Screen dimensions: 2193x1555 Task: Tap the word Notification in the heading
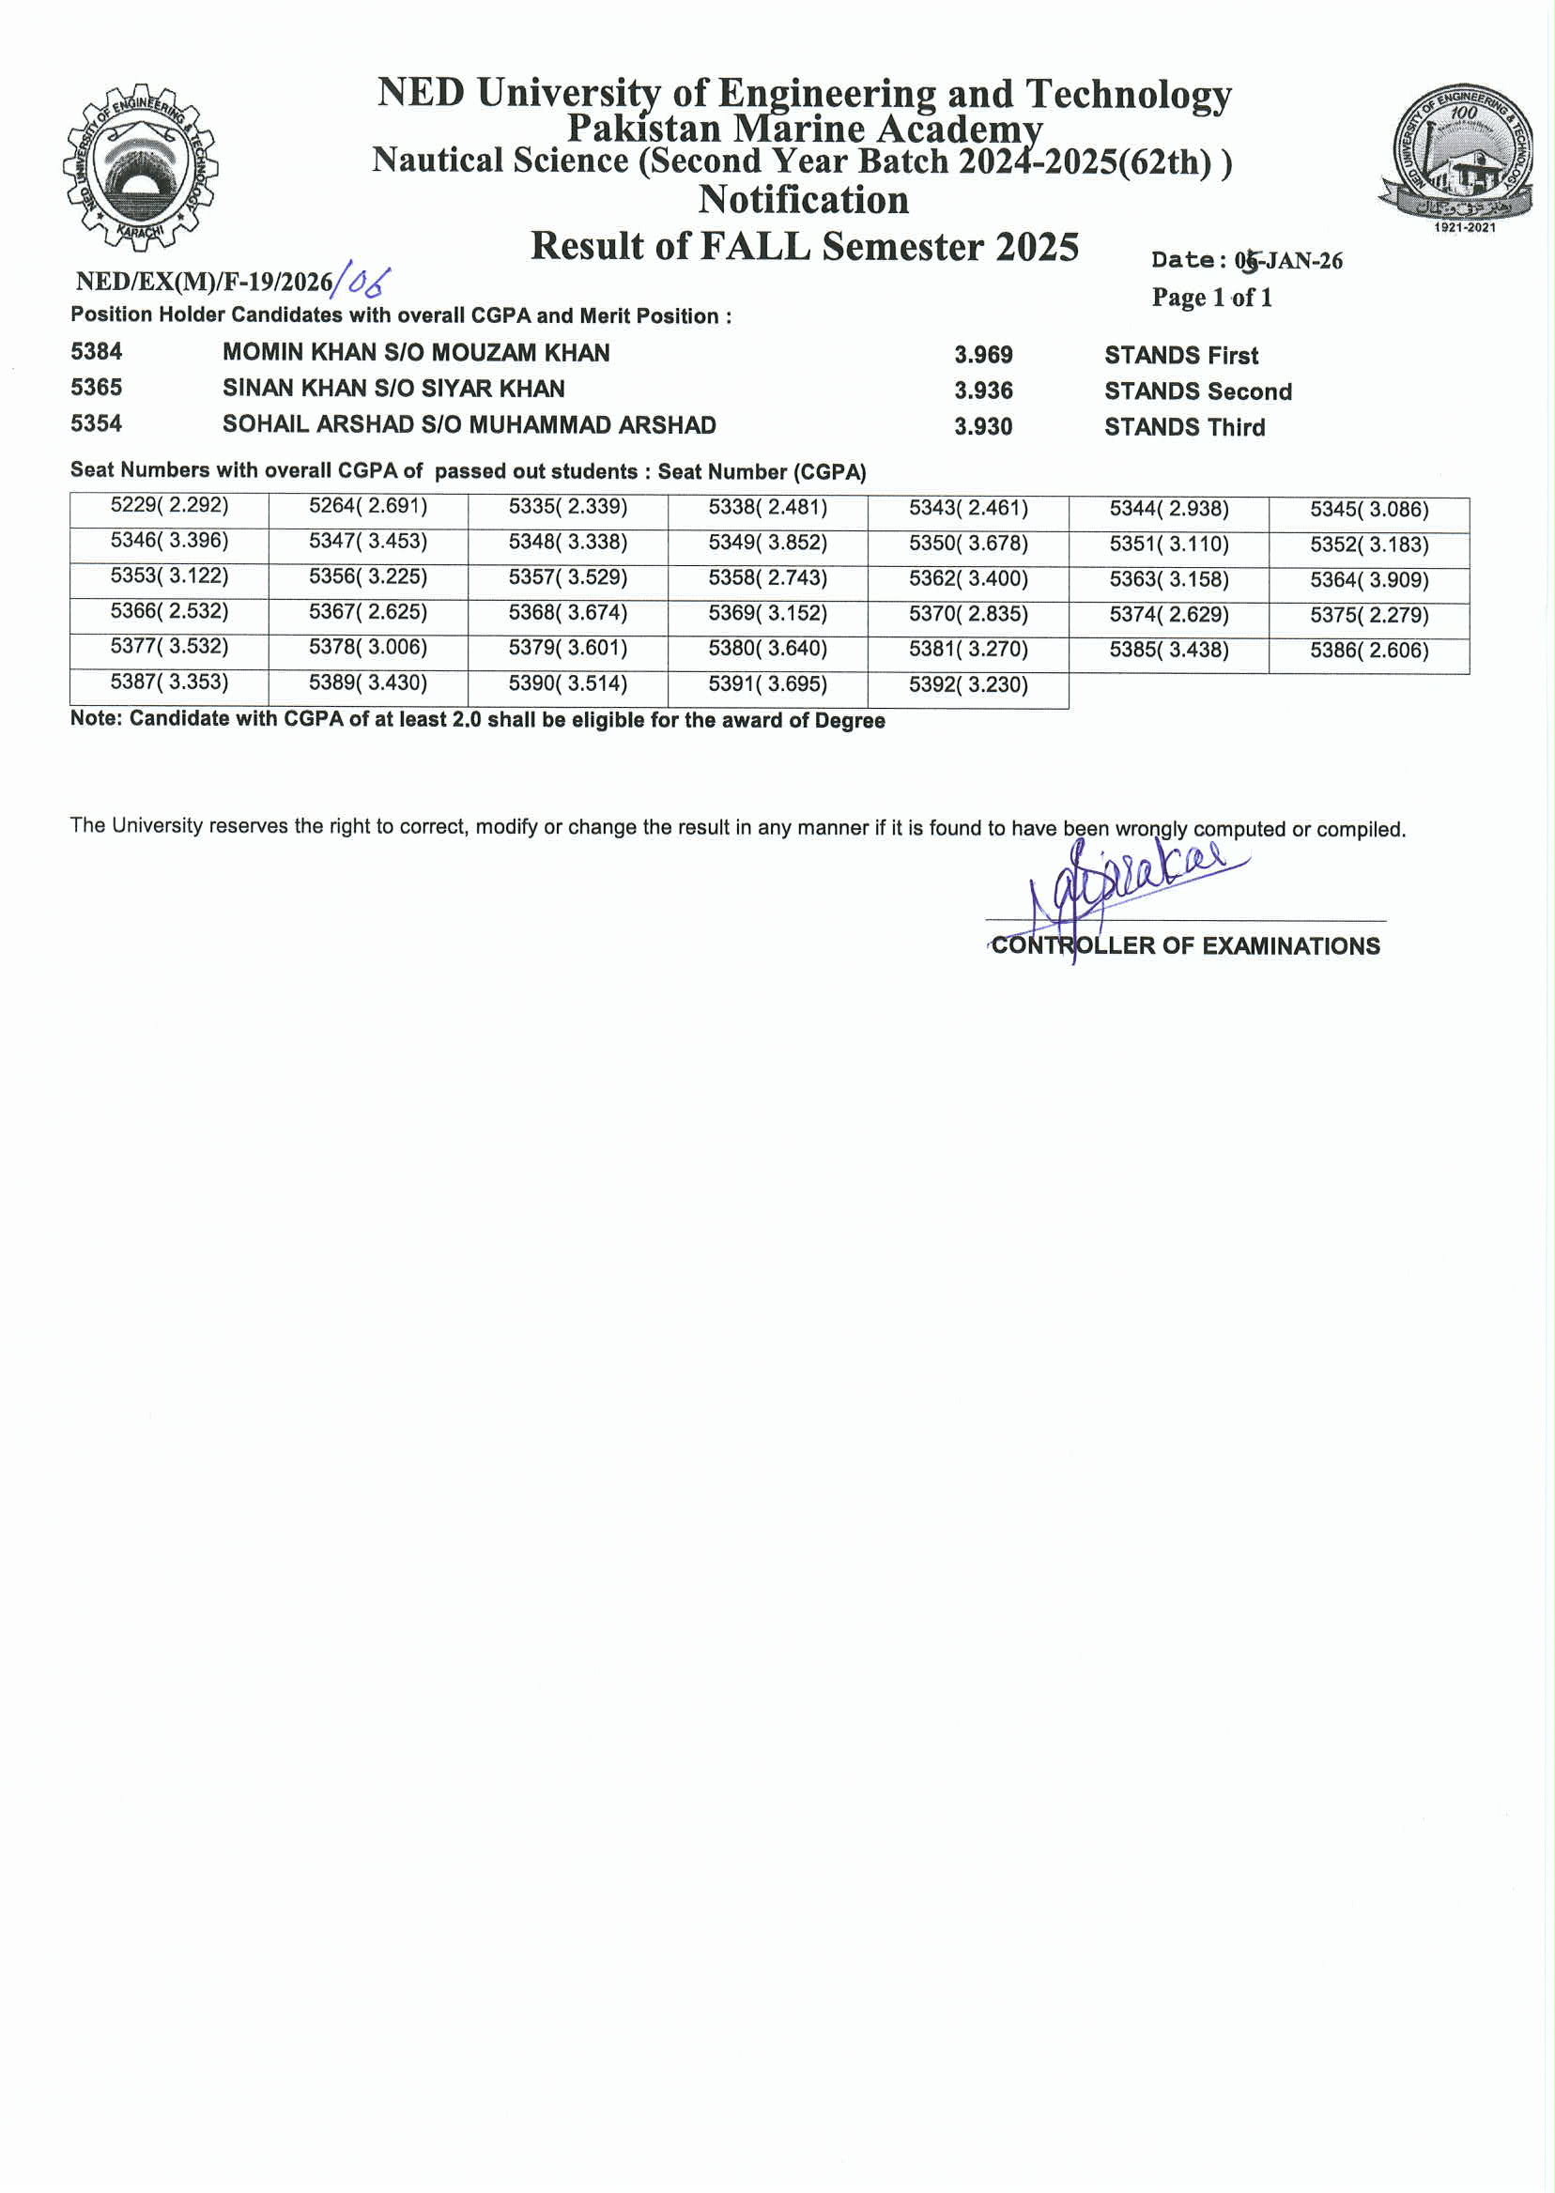point(804,199)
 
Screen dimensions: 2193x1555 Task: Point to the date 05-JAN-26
point(1288,260)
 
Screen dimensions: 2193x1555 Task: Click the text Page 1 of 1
point(1211,298)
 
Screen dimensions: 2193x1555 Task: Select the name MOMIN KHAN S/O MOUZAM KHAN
point(416,352)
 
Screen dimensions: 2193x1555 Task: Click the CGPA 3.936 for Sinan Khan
point(982,391)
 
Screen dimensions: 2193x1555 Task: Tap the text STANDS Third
point(1184,427)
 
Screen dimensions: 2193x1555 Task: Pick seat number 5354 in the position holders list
point(97,423)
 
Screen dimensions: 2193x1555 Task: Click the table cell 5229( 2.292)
point(169,505)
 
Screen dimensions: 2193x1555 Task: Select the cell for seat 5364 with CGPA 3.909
point(1369,580)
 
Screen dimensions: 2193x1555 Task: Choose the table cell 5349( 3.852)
point(768,543)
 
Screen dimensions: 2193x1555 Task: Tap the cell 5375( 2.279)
point(1369,616)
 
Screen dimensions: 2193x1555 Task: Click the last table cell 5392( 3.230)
point(968,685)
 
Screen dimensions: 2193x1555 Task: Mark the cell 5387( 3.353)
point(169,682)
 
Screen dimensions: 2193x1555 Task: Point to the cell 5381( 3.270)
point(968,650)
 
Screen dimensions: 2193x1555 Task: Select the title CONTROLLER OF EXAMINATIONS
point(1185,945)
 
